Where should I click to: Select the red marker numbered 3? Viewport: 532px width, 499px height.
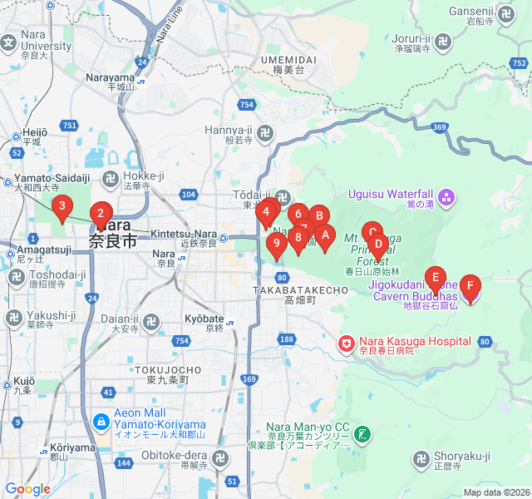coord(62,208)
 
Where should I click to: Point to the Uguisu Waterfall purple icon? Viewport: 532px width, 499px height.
coord(446,197)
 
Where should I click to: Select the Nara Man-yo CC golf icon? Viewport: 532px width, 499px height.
coord(362,433)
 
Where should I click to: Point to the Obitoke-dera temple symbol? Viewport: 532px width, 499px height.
coord(220,458)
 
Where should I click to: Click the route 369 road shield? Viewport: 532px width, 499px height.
coord(441,126)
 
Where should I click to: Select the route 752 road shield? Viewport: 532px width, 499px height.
coord(520,62)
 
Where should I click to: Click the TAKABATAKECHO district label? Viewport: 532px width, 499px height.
coord(300,289)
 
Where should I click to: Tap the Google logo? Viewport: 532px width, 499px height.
coord(27,489)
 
